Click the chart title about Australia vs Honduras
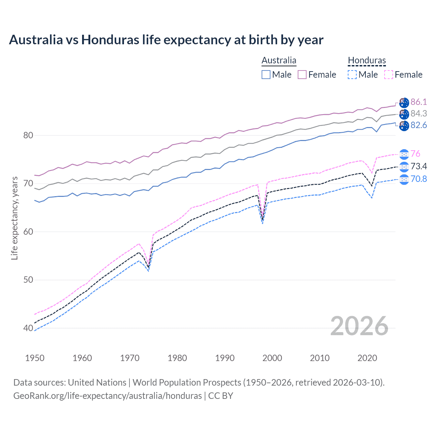[x=166, y=40]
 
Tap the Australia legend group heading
[x=279, y=61]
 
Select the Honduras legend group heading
[x=367, y=61]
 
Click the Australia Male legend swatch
[x=266, y=75]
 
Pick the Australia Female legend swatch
[x=302, y=75]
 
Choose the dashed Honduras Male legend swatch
[x=352, y=75]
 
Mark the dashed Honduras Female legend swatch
[x=388, y=75]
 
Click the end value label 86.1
[x=419, y=102]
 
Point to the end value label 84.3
[x=419, y=113]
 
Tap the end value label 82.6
[x=419, y=125]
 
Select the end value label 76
[x=415, y=154]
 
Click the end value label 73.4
[x=419, y=166]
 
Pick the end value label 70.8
[x=419, y=179]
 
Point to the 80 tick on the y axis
[x=28, y=135]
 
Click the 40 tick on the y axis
[x=28, y=328]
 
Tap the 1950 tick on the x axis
[x=35, y=358]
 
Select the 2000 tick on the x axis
[x=272, y=358]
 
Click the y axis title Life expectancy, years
[x=15, y=218]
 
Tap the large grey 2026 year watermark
[x=359, y=326]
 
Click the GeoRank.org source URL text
[x=107, y=396]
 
